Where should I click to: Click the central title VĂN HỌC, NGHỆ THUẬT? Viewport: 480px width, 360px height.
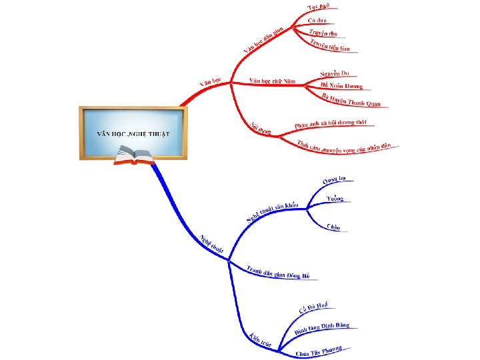[133, 133]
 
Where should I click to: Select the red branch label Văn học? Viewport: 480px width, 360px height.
[211, 83]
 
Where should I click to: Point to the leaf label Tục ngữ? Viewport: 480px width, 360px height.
[318, 7]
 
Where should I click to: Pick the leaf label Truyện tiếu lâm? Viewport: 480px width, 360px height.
[330, 45]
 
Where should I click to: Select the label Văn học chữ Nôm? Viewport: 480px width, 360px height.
[272, 81]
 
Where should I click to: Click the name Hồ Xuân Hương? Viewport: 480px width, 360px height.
[341, 85]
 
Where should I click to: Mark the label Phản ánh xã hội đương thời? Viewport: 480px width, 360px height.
[331, 124]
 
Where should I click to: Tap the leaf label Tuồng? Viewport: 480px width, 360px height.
[336, 199]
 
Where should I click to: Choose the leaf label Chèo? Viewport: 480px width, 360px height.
[333, 227]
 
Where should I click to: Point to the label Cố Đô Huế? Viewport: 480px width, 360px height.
[313, 307]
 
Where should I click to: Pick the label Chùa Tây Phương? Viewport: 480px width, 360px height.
[319, 351]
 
